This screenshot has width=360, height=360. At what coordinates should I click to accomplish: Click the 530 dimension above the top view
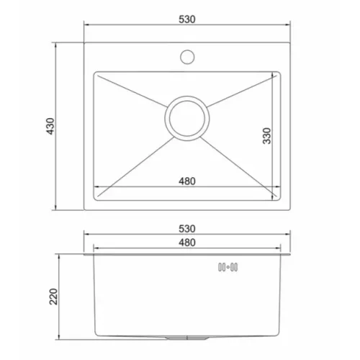tap(187, 19)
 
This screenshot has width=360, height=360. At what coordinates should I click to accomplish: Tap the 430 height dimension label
tap(50, 126)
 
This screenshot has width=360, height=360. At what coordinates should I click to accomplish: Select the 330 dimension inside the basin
tap(266, 136)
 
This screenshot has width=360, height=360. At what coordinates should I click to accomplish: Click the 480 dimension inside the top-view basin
tap(187, 181)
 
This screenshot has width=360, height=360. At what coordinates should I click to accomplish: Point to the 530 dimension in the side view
tap(187, 229)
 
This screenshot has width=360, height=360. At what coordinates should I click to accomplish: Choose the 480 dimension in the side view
tap(187, 243)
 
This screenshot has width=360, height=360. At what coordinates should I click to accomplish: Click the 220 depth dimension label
tap(53, 297)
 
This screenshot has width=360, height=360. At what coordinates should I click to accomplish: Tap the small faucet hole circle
tap(187, 57)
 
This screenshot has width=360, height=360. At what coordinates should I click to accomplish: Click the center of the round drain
tap(187, 118)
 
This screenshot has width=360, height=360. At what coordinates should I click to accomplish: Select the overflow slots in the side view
tap(228, 267)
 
